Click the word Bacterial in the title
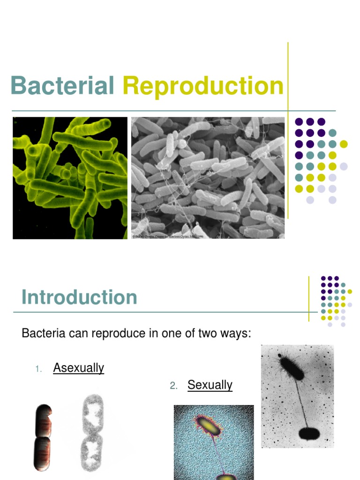(62, 86)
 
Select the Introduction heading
(79, 297)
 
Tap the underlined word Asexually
(79, 368)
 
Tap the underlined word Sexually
(210, 385)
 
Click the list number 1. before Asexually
(39, 369)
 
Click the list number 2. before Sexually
(173, 386)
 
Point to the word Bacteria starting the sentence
(43, 334)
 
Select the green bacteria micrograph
(70, 178)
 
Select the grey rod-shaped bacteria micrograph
(208, 176)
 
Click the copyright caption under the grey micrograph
(168, 237)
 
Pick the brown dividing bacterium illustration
(42, 436)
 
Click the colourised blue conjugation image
(214, 442)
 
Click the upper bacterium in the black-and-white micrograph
(291, 367)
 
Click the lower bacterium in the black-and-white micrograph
(308, 433)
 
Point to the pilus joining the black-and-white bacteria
(300, 401)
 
